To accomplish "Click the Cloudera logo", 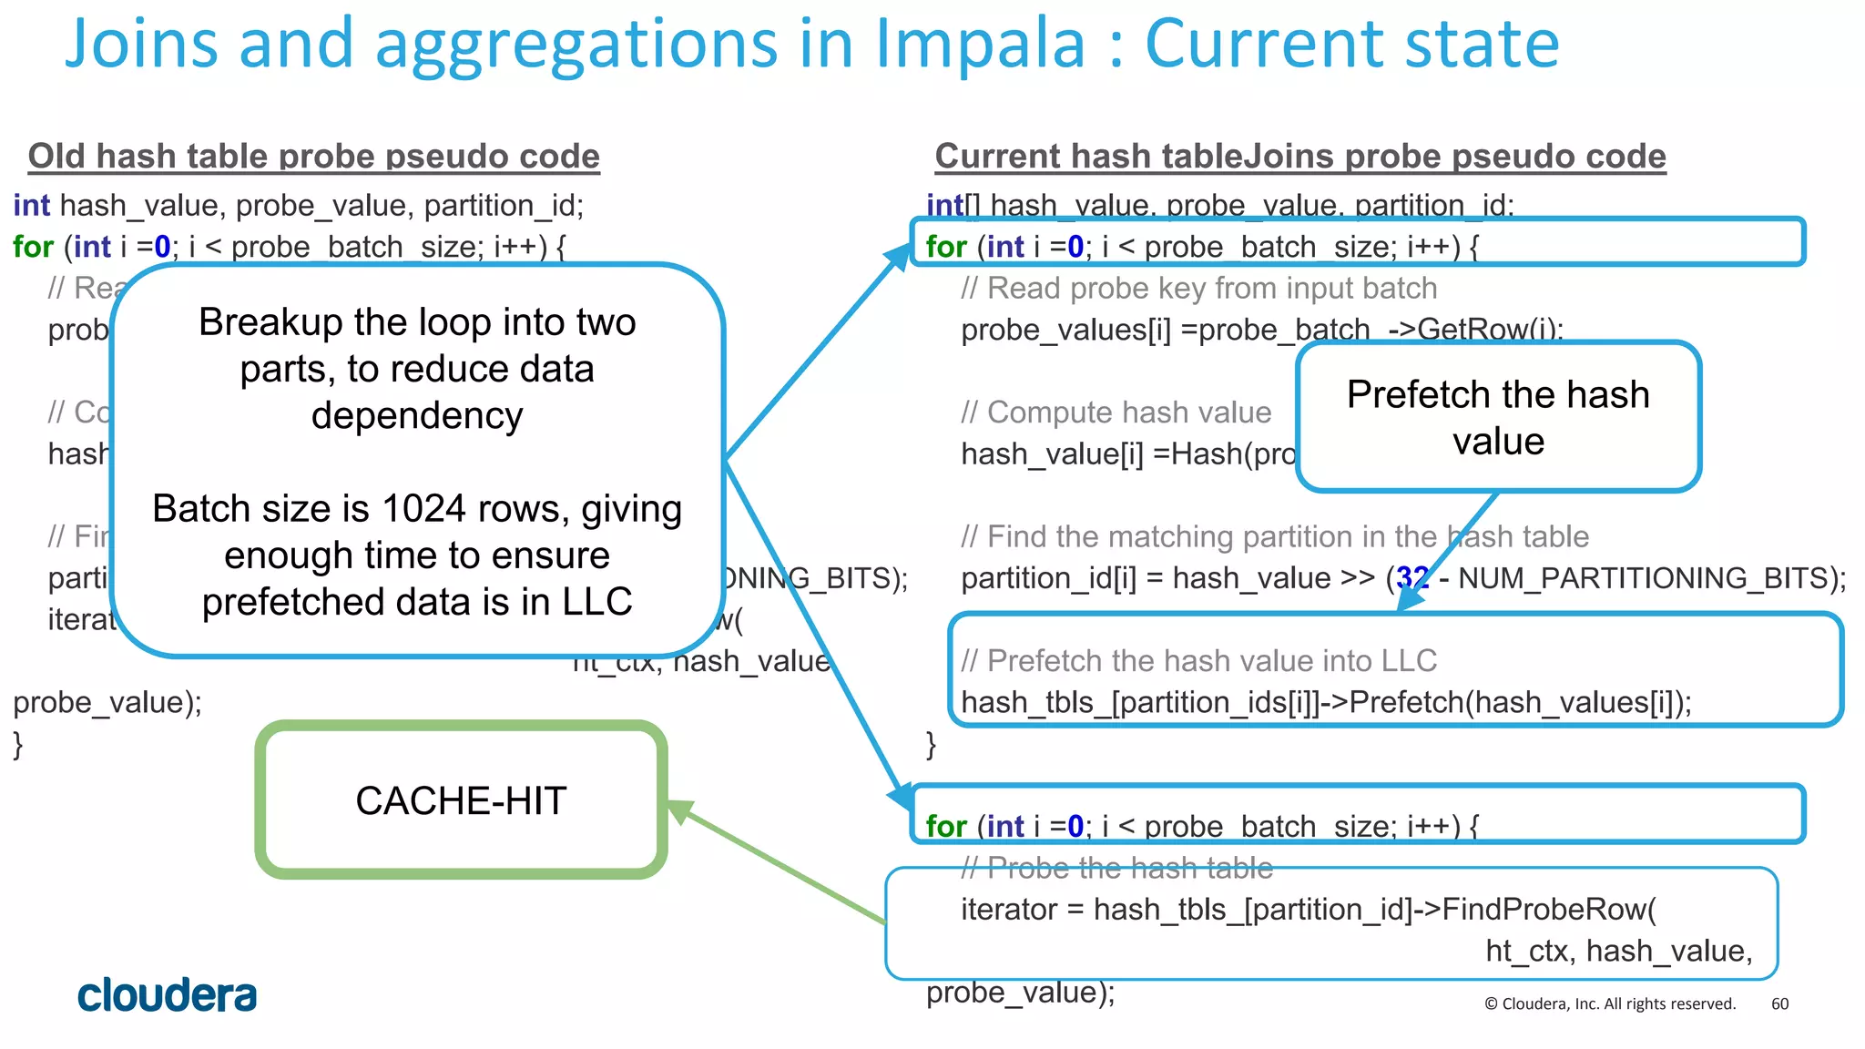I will pos(167,995).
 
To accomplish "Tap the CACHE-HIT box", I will pos(461,800).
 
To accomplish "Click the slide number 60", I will pos(1779,1003).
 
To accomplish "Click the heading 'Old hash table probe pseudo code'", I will pos(314,157).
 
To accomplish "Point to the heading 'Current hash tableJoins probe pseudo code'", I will pos(1300,157).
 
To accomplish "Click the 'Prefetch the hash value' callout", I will pos(1498,417).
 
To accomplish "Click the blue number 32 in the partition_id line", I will pos(1412,578).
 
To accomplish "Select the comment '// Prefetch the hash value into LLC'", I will pos(1198,661).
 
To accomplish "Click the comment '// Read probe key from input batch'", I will pos(1198,289).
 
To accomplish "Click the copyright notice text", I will pos(1610,1003).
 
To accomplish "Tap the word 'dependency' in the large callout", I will pos(417,416).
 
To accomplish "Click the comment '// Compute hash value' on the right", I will pos(1116,412).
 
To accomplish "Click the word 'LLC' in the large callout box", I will pos(596,602).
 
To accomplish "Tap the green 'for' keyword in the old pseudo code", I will pos(33,247).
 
